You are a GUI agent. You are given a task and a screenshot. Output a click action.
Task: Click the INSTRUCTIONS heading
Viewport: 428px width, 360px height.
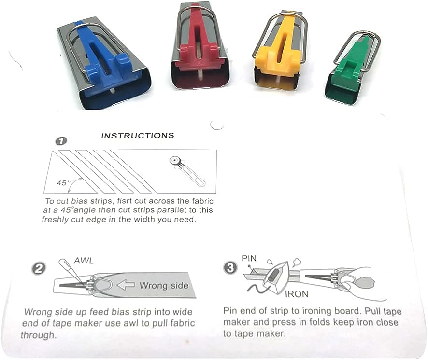coord(138,136)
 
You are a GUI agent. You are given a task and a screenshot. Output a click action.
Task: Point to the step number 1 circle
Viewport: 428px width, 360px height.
coord(61,141)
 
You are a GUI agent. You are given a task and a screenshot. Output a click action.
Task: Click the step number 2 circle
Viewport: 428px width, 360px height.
coord(39,269)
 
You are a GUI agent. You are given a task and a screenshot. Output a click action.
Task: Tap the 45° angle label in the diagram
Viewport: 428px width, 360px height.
coord(64,182)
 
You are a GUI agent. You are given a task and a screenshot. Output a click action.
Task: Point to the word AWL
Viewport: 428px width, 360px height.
coord(84,261)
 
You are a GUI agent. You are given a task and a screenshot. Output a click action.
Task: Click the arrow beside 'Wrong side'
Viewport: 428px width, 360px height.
coord(126,285)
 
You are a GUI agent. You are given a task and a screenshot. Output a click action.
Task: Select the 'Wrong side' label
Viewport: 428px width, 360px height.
coord(164,286)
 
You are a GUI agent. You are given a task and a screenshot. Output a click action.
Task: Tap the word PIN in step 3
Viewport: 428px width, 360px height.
coord(249,258)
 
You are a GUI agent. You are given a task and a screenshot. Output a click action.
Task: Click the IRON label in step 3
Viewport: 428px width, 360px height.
coord(297,294)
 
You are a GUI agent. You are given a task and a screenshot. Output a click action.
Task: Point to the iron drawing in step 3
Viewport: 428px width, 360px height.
coord(275,277)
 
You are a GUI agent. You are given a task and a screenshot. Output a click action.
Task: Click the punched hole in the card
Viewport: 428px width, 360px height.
coord(217,125)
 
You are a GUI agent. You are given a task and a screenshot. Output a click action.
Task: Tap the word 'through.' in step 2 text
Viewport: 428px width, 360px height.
coord(39,335)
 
